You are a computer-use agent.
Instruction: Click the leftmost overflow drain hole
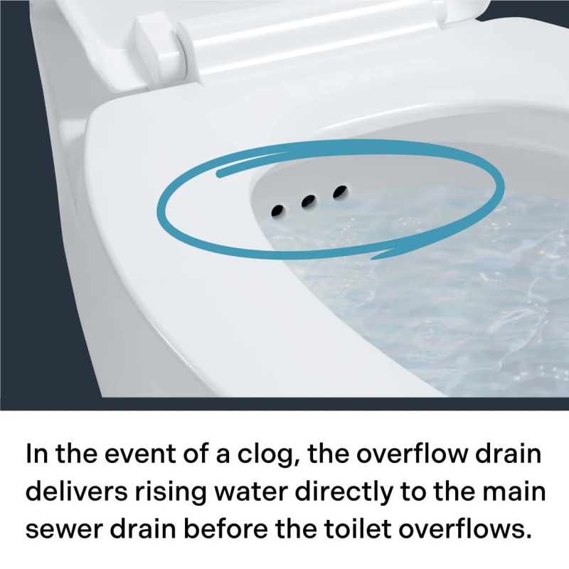[x=277, y=211]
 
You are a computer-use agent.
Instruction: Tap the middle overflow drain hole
[x=308, y=201]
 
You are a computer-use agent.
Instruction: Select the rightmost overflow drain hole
[x=340, y=191]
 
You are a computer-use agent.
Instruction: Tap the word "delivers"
[x=78, y=491]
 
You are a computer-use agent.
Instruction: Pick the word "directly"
[x=344, y=494]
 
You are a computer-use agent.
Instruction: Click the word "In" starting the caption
[x=37, y=454]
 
